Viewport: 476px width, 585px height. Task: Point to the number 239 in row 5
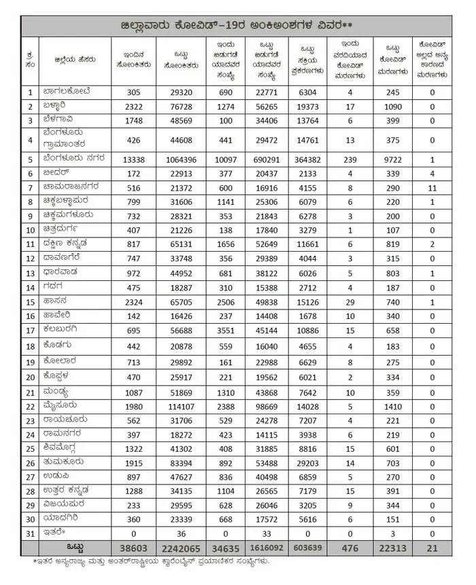[x=350, y=159]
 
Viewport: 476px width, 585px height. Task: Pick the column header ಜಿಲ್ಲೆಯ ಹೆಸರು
[x=66, y=59]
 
